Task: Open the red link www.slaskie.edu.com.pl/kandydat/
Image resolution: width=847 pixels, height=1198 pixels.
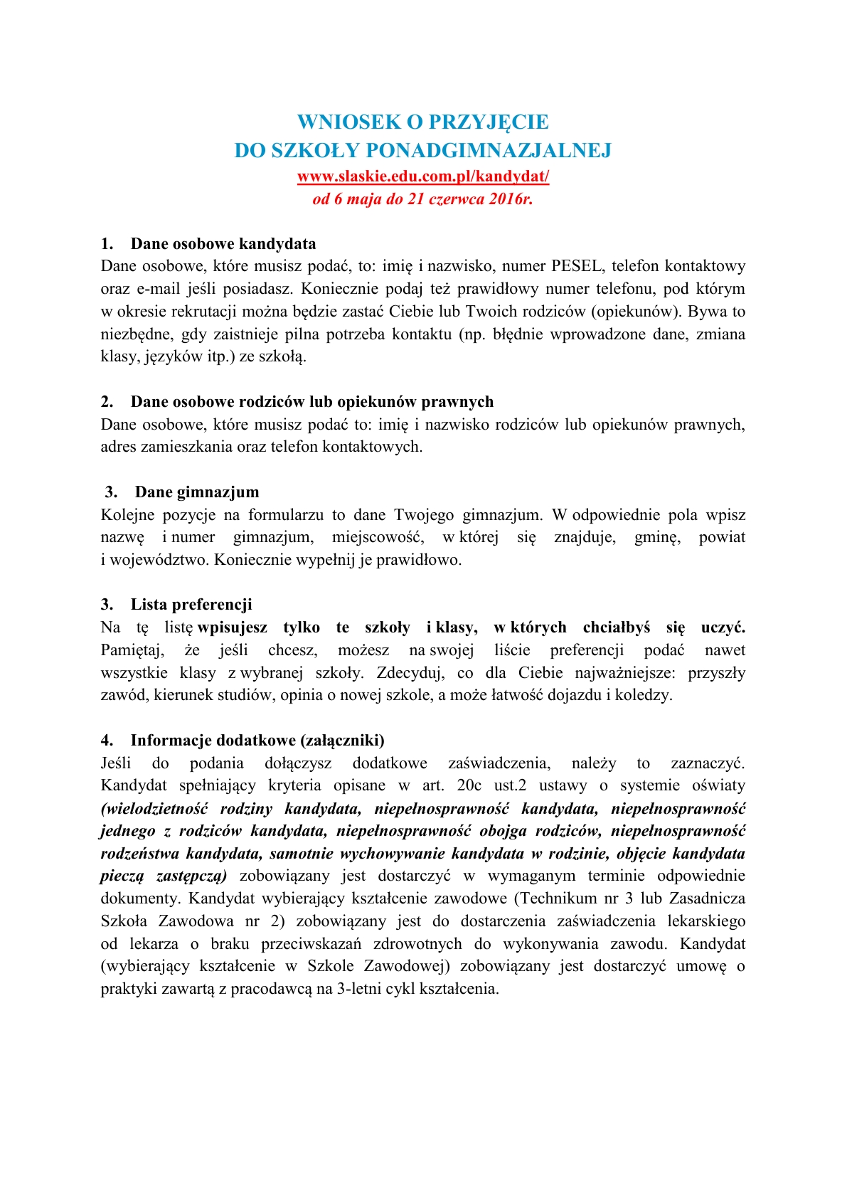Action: tap(423, 176)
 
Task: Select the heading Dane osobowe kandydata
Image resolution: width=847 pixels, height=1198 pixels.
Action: tap(223, 244)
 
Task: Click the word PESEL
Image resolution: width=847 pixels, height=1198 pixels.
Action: tap(576, 266)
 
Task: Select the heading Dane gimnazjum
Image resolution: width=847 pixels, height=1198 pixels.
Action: tap(197, 492)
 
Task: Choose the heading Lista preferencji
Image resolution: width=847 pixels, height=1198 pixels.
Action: tap(191, 605)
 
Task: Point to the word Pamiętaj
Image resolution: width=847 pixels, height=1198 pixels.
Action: tap(132, 650)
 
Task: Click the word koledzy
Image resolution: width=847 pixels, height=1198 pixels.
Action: tap(645, 695)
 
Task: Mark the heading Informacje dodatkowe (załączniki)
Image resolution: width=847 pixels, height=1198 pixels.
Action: tap(257, 741)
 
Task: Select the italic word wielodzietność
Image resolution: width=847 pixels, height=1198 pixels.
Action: tap(154, 808)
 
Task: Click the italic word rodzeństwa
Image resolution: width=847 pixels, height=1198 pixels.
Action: tap(139, 854)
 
